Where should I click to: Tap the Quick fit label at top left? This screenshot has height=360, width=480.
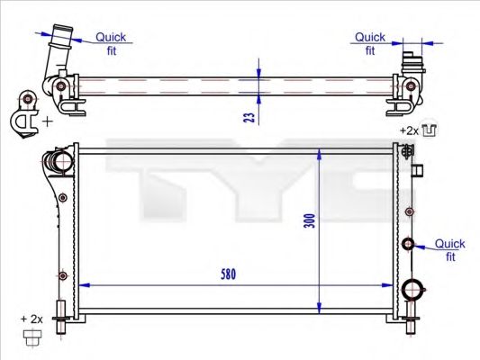pyautogui.click(x=112, y=44)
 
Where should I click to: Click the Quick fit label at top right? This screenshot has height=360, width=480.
pyautogui.click(x=369, y=44)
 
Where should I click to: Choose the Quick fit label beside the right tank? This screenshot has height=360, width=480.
pyautogui.click(x=449, y=249)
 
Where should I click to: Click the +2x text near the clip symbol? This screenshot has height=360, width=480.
pyautogui.click(x=410, y=130)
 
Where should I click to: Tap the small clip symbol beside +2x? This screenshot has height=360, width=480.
pyautogui.click(x=430, y=130)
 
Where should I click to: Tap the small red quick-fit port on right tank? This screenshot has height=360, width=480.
pyautogui.click(x=408, y=244)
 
